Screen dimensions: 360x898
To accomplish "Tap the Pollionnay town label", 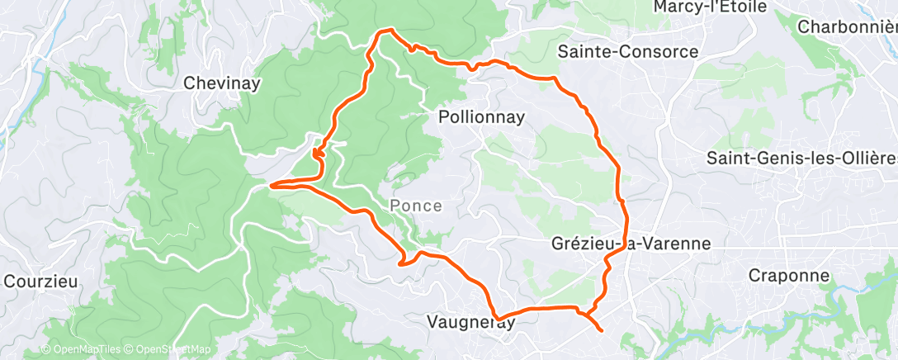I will [480, 118].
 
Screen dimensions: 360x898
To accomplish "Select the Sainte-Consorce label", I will [628, 52].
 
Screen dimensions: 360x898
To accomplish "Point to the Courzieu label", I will [40, 281].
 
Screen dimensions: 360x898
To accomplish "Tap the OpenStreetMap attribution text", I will [168, 349].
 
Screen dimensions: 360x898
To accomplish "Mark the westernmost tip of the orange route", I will [271, 185].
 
